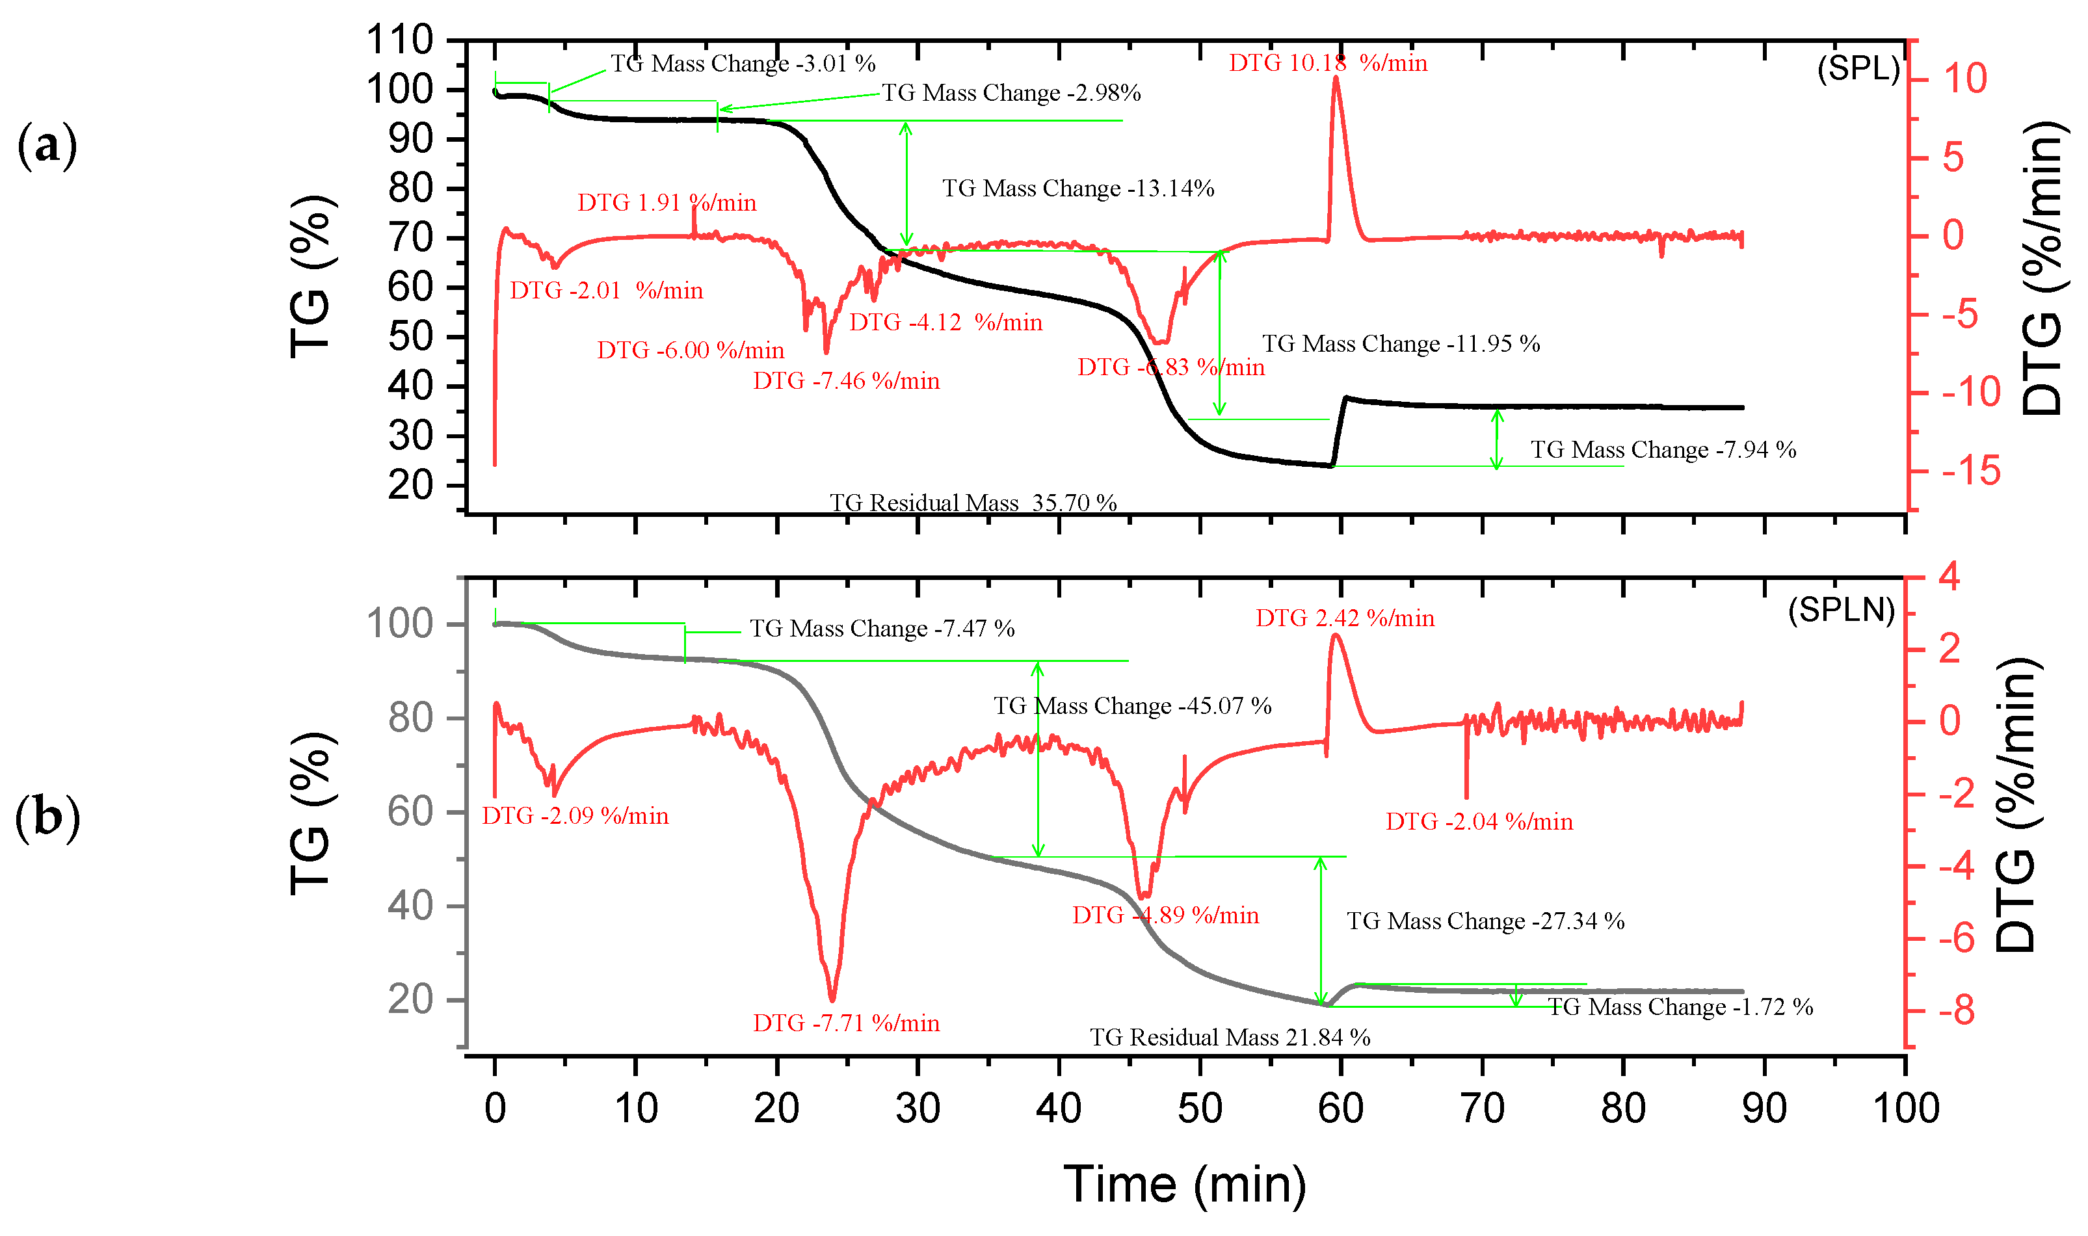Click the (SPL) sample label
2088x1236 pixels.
1857,68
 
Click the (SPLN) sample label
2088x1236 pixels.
1841,611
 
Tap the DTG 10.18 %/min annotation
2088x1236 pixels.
1328,63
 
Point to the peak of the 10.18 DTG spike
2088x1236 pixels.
1336,78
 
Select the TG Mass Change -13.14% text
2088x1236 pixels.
1077,189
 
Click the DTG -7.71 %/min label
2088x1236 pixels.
846,1023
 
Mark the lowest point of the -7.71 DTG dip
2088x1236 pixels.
832,999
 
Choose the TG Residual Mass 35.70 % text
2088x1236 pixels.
973,503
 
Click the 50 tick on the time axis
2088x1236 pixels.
1199,1109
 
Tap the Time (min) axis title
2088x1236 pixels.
1184,1185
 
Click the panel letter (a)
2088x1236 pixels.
47,146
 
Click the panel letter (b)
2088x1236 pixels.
47,818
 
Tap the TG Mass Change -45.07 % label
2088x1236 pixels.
1132,706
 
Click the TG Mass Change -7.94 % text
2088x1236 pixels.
1663,450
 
